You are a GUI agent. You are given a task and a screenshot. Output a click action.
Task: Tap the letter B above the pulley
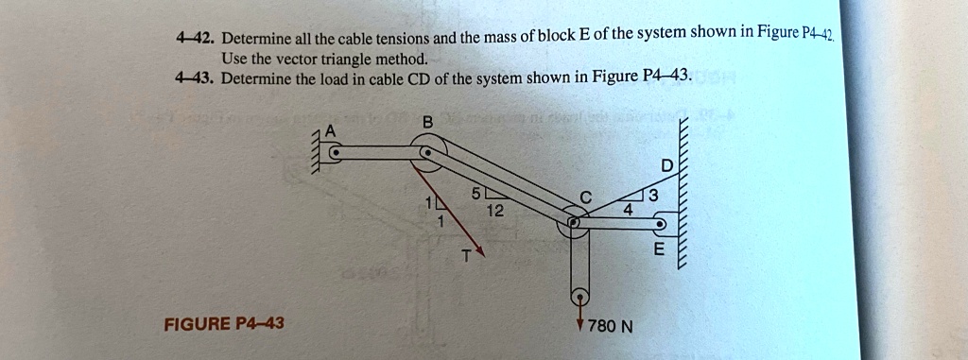point(427,122)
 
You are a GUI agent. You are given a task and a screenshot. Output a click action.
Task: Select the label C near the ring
point(586,197)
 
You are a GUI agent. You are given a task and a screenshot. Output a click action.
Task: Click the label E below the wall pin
point(659,250)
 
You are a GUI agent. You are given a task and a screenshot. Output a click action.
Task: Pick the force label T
point(465,256)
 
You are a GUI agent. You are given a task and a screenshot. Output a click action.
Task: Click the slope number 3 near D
point(651,197)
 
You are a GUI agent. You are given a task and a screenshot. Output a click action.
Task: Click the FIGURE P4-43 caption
point(224,324)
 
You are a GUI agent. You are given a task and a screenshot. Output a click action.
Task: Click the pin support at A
point(334,151)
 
